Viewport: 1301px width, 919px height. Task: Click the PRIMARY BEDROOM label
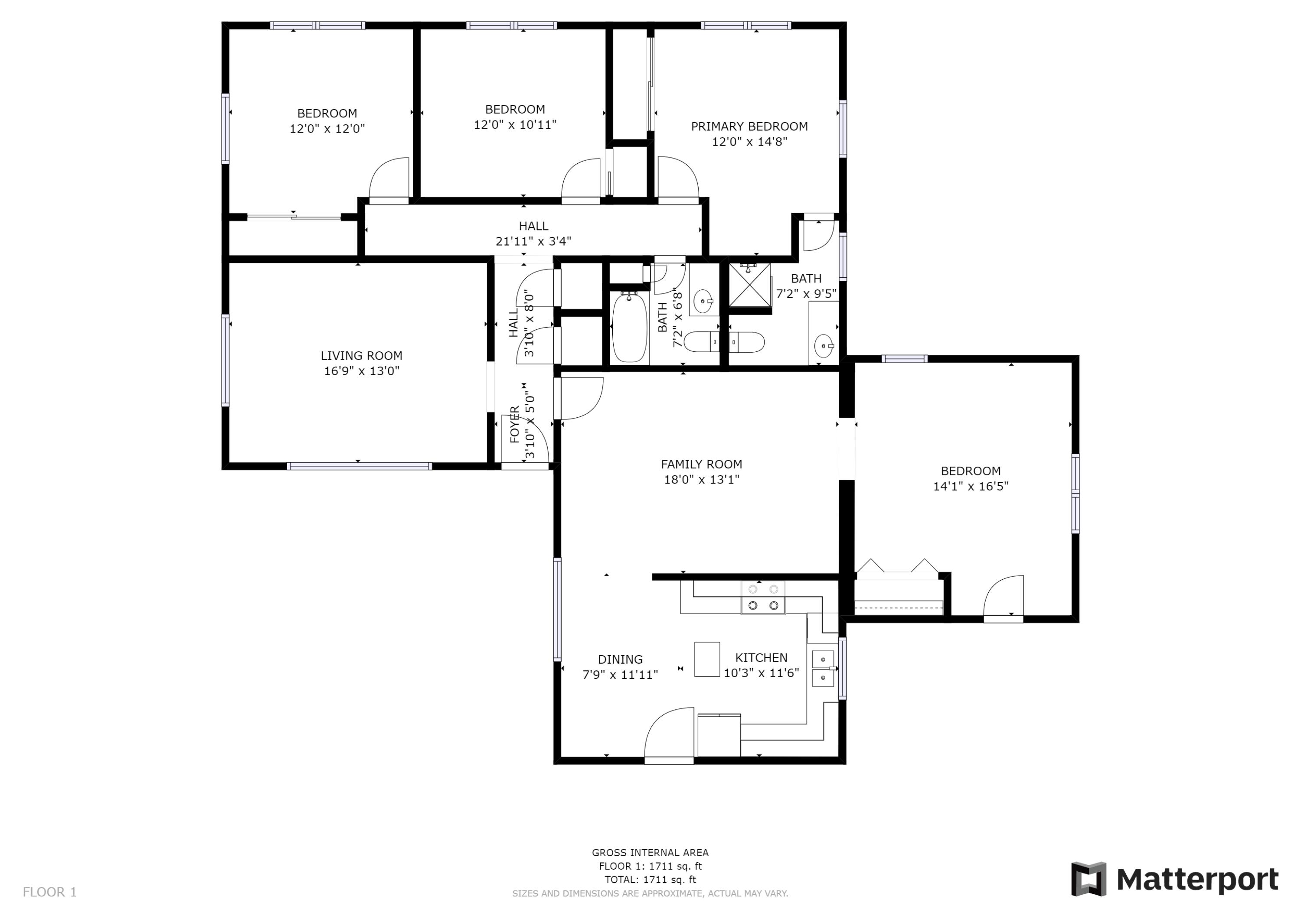[749, 126]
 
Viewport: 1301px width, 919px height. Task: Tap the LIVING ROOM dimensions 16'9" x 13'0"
[362, 371]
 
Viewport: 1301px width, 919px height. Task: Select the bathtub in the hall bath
[630, 327]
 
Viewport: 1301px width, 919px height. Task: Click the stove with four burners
[763, 598]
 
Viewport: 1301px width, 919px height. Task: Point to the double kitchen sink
[823, 668]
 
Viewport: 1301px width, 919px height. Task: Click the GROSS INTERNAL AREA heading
[650, 853]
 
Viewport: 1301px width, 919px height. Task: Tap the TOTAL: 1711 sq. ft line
[650, 880]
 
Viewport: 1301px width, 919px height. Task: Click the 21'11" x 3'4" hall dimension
[533, 241]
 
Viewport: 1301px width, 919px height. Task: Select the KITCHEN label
[761, 657]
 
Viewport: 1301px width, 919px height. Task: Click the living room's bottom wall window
[359, 466]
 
